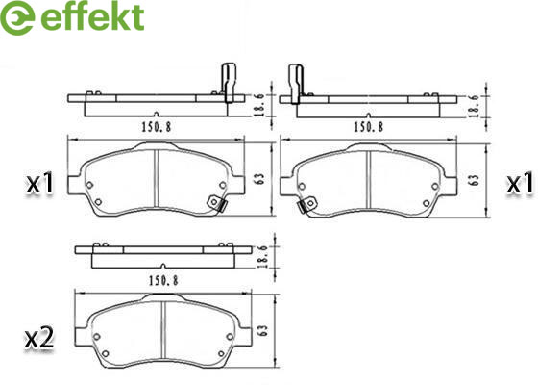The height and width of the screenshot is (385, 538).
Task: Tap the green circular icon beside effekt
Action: coord(17,18)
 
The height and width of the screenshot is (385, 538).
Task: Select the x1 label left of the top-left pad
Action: coord(40,183)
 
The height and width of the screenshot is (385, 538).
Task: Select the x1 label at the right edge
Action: coord(520,183)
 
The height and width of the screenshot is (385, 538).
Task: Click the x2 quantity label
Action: coord(39,338)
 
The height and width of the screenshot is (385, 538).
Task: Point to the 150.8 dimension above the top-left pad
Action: coord(156,127)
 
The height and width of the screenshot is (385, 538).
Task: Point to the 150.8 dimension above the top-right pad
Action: coord(369,127)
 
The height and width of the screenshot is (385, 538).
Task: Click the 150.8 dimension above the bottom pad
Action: coord(163,281)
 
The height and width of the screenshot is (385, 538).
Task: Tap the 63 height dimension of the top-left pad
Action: coord(260,179)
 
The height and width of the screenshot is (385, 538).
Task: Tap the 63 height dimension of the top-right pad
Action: coord(474,180)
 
